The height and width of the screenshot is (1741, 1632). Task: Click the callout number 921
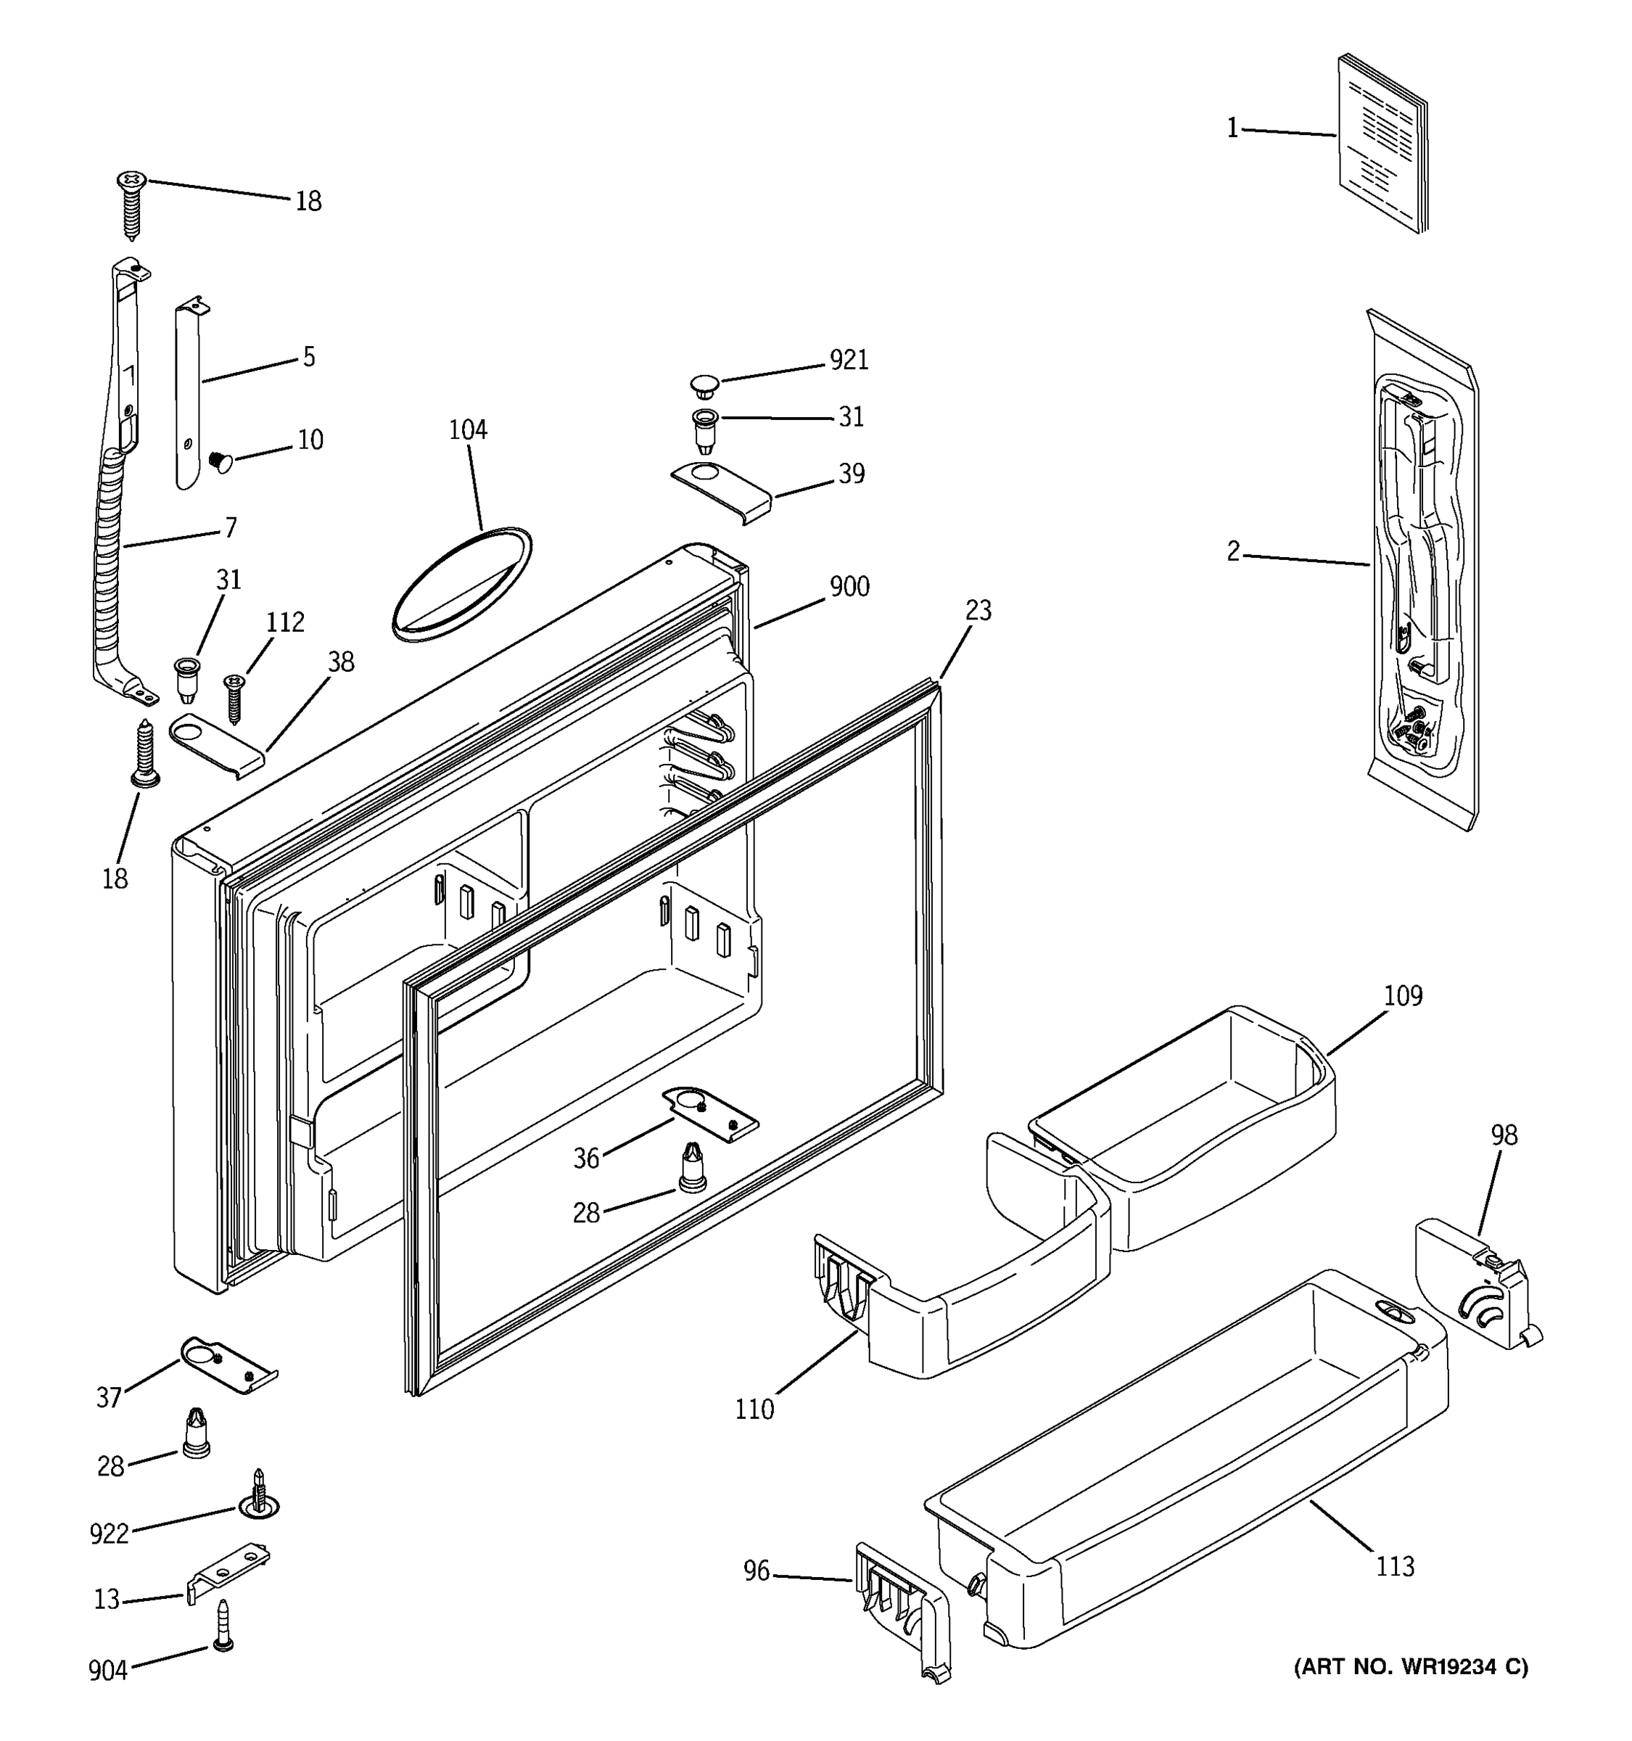849,360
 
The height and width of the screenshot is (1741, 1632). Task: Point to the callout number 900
849,587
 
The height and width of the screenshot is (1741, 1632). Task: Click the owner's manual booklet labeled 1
1381,144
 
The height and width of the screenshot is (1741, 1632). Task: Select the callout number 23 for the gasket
977,610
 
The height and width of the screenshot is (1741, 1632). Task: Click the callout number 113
1394,1564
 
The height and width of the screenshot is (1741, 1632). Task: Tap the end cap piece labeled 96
902,1608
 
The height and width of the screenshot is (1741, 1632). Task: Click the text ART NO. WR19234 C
1411,1666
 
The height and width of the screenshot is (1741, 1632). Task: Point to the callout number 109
1403,996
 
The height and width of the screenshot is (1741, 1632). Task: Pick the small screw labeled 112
234,696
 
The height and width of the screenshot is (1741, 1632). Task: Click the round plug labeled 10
221,461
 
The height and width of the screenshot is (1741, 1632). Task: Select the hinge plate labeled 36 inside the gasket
709,1115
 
